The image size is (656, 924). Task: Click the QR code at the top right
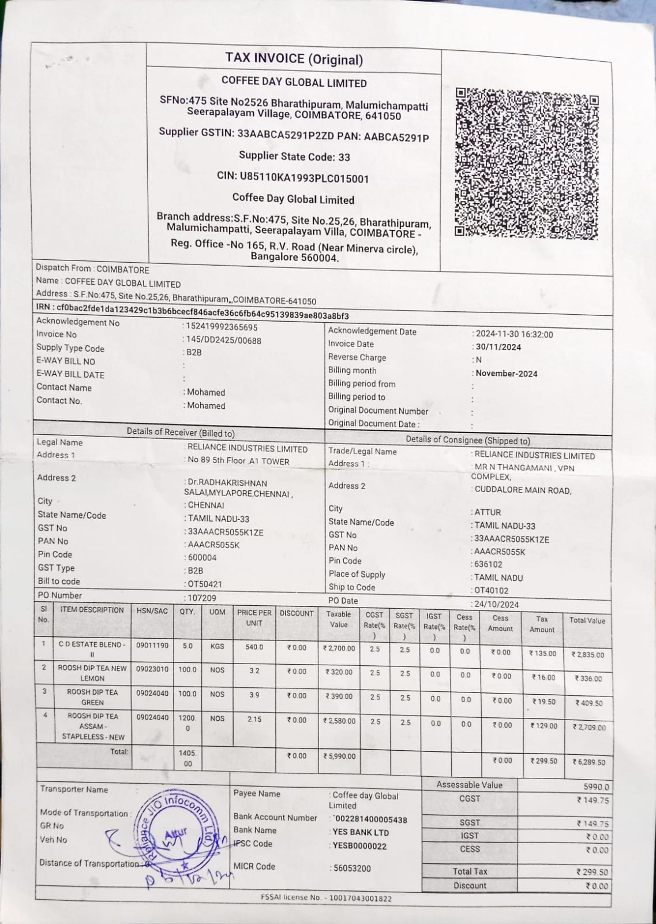526,163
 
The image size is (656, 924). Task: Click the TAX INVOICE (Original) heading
294,59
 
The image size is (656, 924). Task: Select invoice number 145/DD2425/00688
224,340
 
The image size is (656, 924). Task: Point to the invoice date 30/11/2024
498,347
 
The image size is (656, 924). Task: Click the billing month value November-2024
507,374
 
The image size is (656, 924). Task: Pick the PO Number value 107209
202,598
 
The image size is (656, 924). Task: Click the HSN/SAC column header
152,610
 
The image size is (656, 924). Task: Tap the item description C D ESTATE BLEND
92,644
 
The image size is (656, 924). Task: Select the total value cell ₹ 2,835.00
588,654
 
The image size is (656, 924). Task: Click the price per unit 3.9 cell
254,695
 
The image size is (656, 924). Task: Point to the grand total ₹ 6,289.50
588,762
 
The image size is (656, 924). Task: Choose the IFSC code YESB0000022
360,846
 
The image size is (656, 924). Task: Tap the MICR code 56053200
353,868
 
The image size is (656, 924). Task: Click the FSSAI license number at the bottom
326,898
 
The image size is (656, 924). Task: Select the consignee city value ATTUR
488,512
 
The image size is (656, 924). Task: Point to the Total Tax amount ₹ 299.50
592,872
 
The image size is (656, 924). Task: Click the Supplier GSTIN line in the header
294,135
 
